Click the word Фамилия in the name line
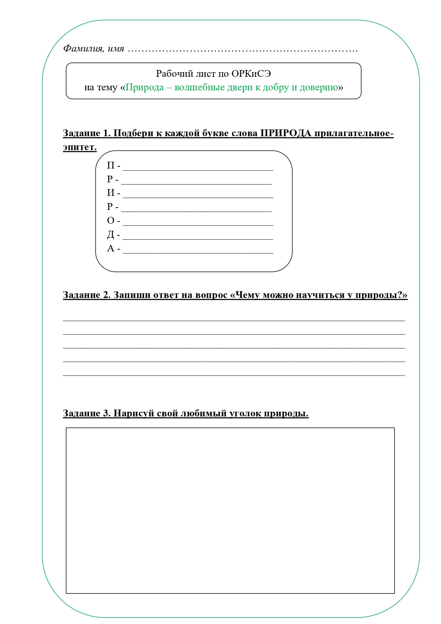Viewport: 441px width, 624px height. coord(83,49)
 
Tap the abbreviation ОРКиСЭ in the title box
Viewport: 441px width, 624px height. coord(251,74)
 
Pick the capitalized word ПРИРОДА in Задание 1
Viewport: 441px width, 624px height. coord(286,133)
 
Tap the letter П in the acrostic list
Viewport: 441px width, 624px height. coord(111,166)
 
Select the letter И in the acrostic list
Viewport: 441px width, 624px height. coord(111,193)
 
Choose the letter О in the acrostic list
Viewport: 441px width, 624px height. coord(111,221)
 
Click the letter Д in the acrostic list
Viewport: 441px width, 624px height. coord(111,235)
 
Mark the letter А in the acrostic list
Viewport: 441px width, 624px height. coord(111,249)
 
